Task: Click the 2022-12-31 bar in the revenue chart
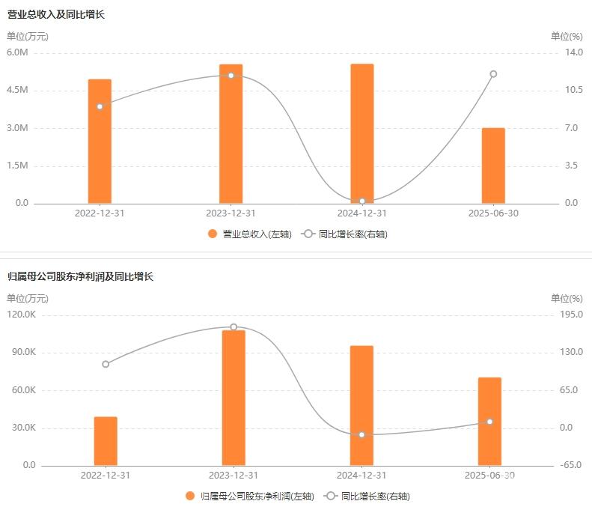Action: click(x=100, y=141)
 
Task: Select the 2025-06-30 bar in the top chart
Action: click(x=493, y=166)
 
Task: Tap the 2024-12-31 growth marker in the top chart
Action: click(x=362, y=201)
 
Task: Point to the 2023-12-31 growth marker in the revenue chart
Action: click(x=231, y=76)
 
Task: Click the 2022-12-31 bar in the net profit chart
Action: click(x=106, y=441)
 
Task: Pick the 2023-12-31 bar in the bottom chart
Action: click(x=234, y=398)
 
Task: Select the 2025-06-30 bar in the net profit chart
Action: click(x=489, y=422)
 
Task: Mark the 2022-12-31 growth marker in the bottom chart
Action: click(x=106, y=364)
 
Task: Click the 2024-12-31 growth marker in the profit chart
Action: click(x=361, y=434)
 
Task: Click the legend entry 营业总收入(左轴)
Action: click(x=250, y=234)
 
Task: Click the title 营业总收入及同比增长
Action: click(x=56, y=14)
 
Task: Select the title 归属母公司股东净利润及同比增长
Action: click(x=80, y=276)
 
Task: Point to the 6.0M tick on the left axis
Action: click(x=17, y=52)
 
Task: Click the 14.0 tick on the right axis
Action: click(x=573, y=52)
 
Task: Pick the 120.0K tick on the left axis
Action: click(x=21, y=315)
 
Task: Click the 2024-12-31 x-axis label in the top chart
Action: click(x=362, y=213)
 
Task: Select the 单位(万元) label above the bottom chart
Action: click(x=28, y=298)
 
